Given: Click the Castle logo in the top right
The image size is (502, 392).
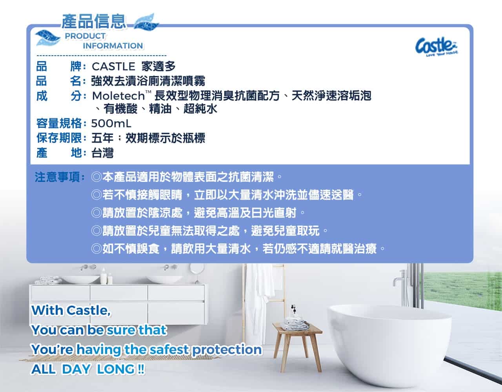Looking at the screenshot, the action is coord(437,46).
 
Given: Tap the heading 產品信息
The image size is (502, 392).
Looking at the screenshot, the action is coord(94,22).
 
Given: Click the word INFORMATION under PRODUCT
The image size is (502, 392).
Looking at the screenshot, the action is coord(113,46).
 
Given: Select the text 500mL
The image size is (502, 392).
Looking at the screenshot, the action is coord(111,123).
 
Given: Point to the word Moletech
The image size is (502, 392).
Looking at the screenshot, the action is coord(118,96).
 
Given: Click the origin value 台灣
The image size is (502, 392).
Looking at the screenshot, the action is coord(102,153).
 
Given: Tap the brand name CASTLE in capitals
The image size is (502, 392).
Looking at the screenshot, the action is coord(113,67).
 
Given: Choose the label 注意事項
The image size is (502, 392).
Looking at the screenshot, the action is coord(57,177).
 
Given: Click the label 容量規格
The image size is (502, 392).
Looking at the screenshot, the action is coord(59,123).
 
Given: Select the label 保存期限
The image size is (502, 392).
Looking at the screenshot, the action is coord(59,138).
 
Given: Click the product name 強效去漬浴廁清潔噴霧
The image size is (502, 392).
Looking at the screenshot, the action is coord(148,81).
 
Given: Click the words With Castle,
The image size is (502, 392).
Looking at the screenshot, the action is coord(71,310).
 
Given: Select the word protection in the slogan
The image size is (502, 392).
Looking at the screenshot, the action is coord(227,350).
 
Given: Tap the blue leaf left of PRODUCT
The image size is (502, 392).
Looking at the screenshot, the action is coord(48,38).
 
